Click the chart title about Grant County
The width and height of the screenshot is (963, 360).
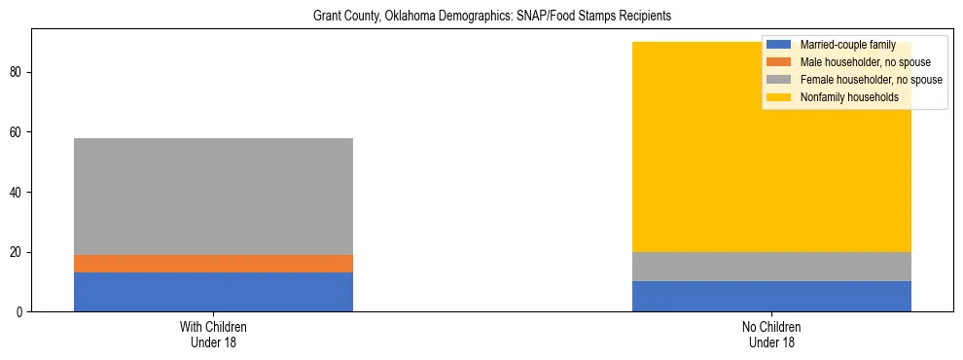click(491, 17)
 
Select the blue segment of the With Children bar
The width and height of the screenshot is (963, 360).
click(213, 292)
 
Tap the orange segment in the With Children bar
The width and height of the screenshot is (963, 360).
click(213, 264)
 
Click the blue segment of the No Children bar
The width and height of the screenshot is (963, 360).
click(771, 297)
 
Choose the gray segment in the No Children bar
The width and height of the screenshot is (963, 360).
click(771, 267)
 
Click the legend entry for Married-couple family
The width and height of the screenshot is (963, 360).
click(845, 45)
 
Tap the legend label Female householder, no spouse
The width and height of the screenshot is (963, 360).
click(870, 80)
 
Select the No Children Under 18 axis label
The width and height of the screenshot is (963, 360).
click(771, 335)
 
